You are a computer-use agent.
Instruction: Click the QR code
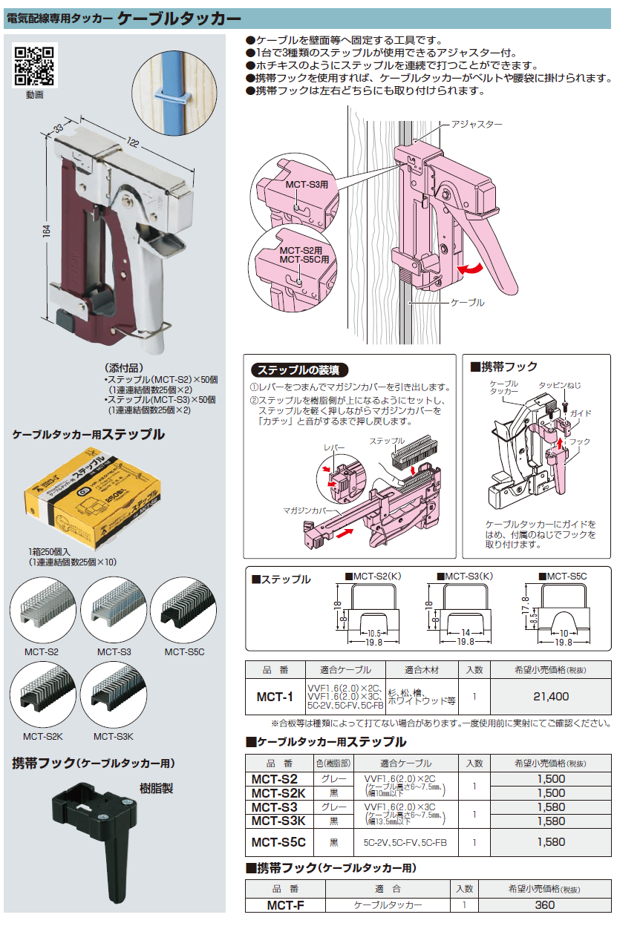click(x=35, y=66)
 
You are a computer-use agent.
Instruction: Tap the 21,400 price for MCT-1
click(x=550, y=697)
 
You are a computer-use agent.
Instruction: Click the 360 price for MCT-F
click(x=544, y=905)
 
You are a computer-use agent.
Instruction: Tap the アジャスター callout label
click(x=477, y=125)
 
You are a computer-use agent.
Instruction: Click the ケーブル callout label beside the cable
click(x=468, y=303)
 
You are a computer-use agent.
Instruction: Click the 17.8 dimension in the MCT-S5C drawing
click(x=526, y=600)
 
